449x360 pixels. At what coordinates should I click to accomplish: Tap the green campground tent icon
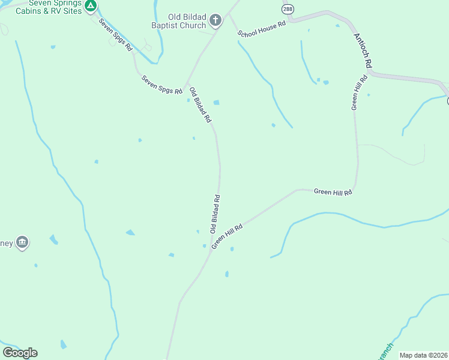90,7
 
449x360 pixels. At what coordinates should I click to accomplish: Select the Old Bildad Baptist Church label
179,22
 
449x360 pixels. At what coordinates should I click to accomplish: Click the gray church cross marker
215,22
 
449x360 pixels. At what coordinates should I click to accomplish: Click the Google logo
20,353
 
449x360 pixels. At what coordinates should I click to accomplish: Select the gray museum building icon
22,242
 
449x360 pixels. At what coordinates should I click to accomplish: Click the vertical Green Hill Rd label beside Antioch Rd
358,92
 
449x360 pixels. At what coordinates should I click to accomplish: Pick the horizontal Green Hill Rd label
332,191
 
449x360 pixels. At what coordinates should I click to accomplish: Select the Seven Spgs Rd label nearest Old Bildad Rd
161,85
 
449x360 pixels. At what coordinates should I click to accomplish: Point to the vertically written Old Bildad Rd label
214,214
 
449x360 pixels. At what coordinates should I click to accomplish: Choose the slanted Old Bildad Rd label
200,105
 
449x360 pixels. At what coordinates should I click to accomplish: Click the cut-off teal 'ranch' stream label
385,352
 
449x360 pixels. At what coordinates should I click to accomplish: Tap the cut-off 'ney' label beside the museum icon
6,243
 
